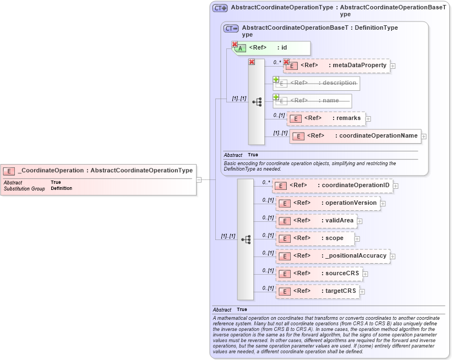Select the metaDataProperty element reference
(336, 66)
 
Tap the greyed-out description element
(317, 83)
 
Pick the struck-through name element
(313, 101)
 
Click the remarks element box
(326, 118)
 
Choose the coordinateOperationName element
(356, 136)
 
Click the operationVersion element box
(328, 203)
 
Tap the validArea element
(317, 221)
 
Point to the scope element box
(314, 238)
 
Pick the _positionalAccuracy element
(333, 256)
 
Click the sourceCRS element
(319, 274)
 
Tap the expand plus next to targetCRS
(362, 292)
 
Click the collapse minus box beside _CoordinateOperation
(199, 179)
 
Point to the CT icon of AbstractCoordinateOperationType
(220, 8)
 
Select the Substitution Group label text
(24, 188)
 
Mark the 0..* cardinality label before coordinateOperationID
(266, 182)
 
